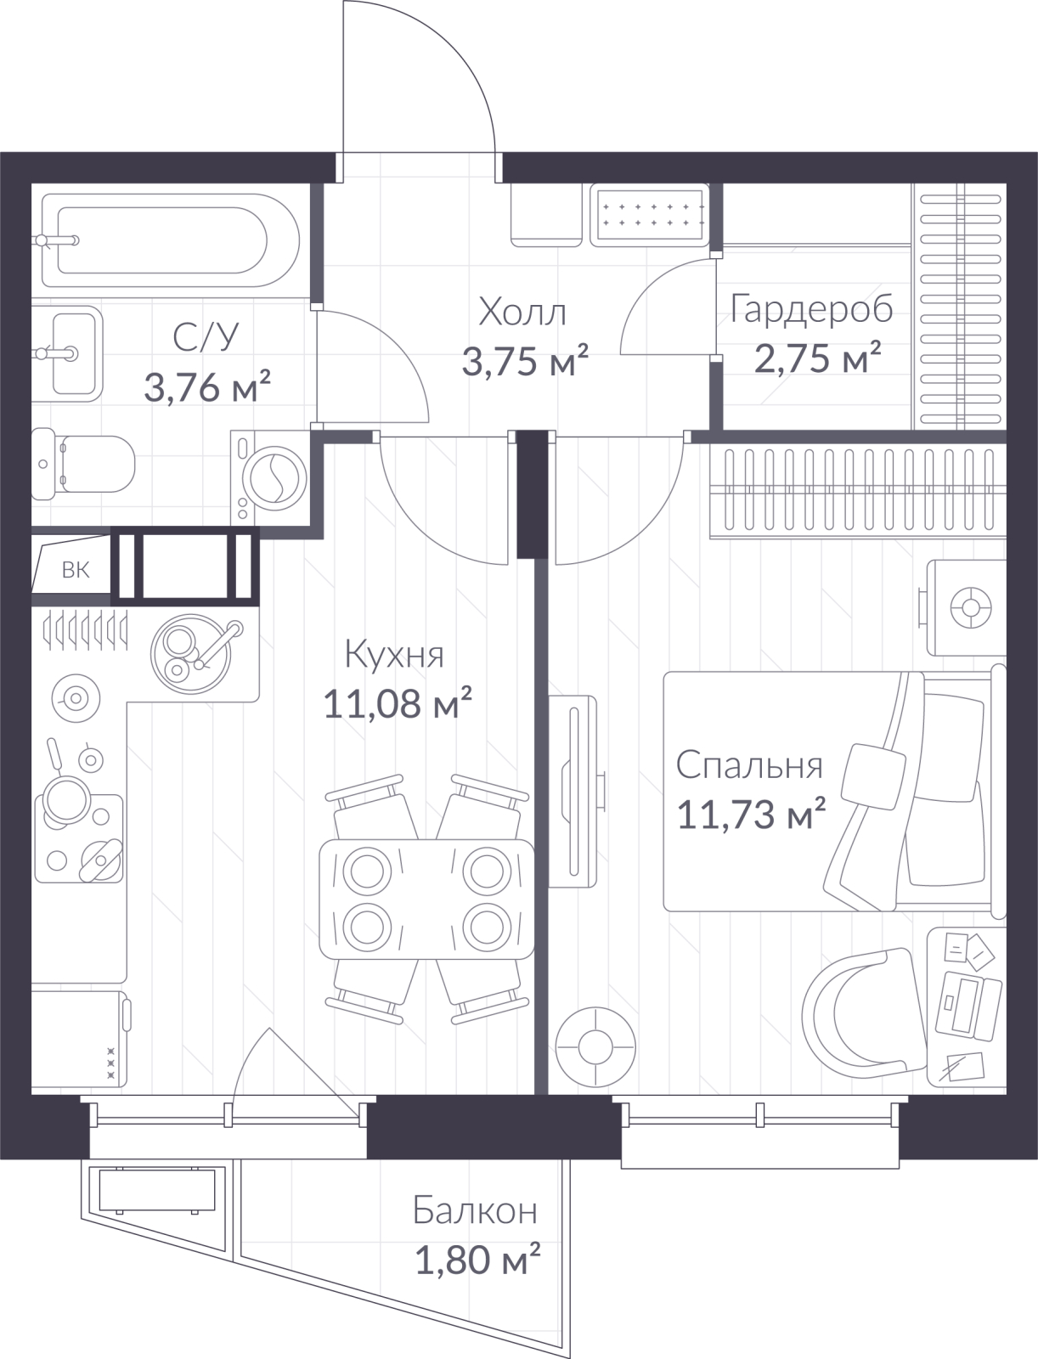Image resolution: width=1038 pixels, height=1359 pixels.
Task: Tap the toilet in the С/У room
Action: click(82, 464)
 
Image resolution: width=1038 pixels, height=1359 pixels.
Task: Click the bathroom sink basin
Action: click(67, 353)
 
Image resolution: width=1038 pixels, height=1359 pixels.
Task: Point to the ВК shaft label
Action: click(76, 570)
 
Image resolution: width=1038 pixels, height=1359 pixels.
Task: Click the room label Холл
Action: click(522, 313)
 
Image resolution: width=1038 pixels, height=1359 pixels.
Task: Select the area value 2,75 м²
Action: click(817, 358)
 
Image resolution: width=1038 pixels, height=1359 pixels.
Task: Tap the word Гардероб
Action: click(811, 309)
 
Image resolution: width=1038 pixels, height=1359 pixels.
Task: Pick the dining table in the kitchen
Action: click(426, 899)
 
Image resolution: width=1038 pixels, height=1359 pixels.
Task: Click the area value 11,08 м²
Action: click(398, 703)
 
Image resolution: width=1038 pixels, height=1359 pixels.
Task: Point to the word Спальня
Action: click(749, 765)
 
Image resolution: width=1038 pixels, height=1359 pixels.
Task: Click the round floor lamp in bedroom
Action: click(595, 1048)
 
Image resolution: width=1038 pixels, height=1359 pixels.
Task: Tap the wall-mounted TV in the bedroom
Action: click(573, 792)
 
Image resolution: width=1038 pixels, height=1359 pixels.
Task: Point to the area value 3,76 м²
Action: click(207, 387)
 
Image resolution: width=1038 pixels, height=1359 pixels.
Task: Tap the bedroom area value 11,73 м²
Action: click(752, 814)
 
